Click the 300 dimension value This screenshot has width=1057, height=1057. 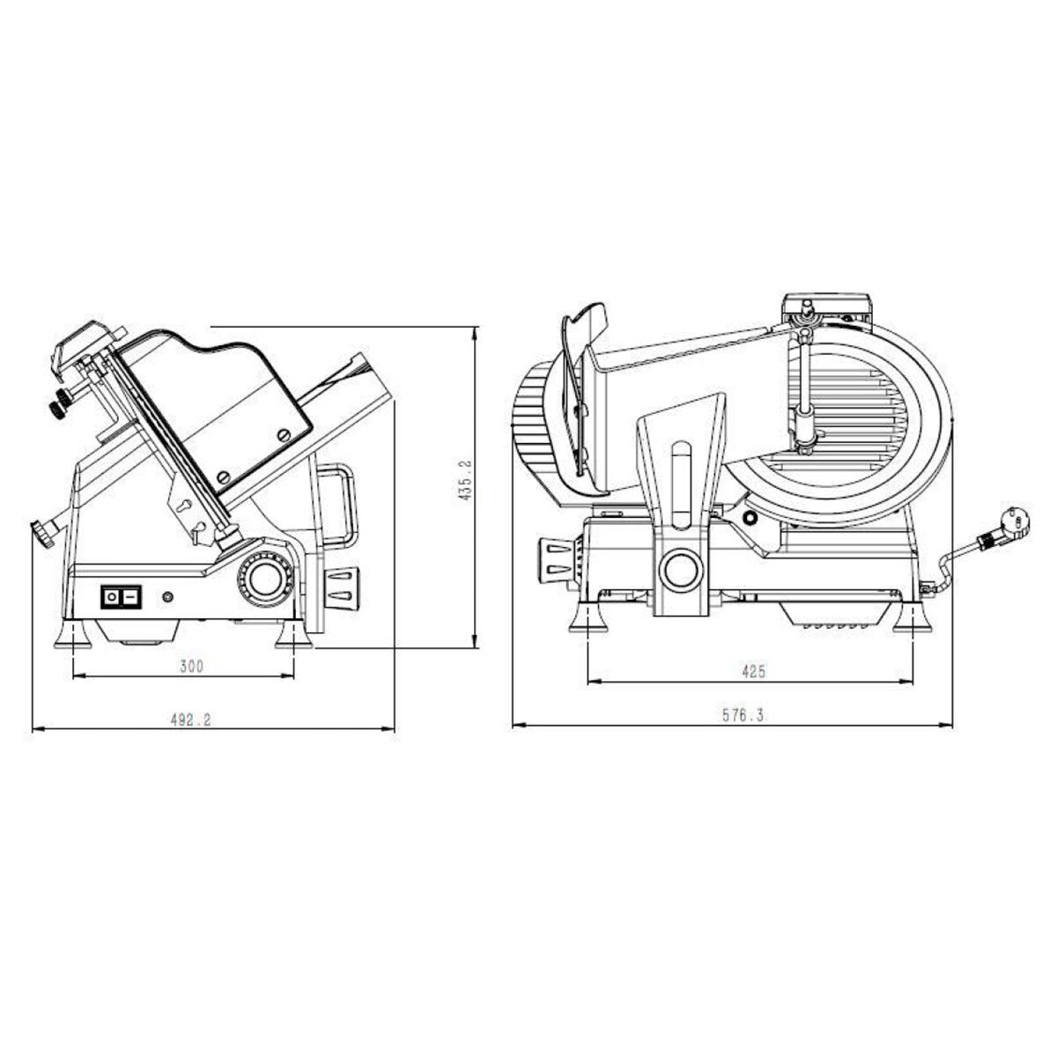pyautogui.click(x=191, y=667)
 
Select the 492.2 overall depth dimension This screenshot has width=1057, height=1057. pyautogui.click(x=191, y=720)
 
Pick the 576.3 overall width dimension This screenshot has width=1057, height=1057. pyautogui.click(x=743, y=716)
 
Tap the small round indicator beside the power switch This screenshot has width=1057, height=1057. pyautogui.click(x=167, y=598)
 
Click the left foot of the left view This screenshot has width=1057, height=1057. pyautogui.click(x=70, y=635)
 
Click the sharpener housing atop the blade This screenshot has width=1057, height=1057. pyautogui.click(x=826, y=309)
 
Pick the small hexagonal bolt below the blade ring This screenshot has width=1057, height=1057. pyautogui.click(x=749, y=518)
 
